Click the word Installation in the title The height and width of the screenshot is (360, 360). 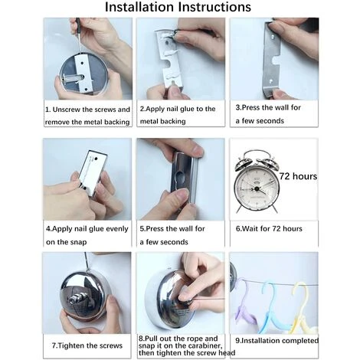(140, 7)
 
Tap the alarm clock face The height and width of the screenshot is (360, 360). (257, 188)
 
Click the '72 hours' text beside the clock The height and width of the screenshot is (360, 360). (298, 176)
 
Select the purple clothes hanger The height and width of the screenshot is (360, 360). (244, 304)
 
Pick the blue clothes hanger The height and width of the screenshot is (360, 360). (271, 307)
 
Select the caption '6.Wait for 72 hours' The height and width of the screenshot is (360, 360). (269, 228)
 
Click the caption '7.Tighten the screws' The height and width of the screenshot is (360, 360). (87, 345)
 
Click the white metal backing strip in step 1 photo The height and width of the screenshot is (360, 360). (83, 73)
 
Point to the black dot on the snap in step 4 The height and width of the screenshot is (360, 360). (96, 159)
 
